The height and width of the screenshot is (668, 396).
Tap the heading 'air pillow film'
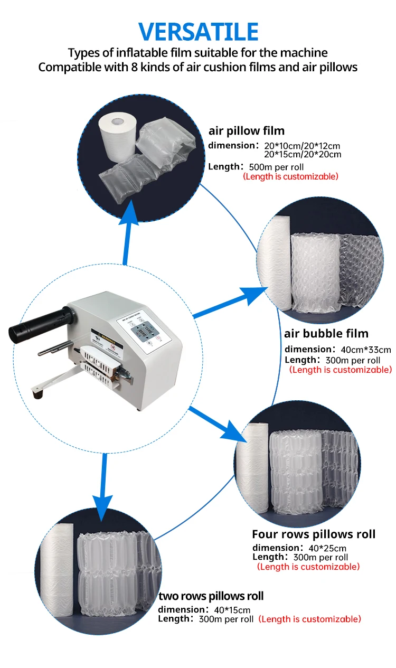pos(247,131)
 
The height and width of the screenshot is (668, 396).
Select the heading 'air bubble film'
pos(326,334)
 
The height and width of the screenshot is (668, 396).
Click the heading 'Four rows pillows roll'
pos(314,534)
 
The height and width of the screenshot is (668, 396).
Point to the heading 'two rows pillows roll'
pos(211,596)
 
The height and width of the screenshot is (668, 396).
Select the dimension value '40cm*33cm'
pos(365,350)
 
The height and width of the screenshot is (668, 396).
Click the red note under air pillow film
pos(290,176)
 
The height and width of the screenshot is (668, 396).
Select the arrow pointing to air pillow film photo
pos(128,232)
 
